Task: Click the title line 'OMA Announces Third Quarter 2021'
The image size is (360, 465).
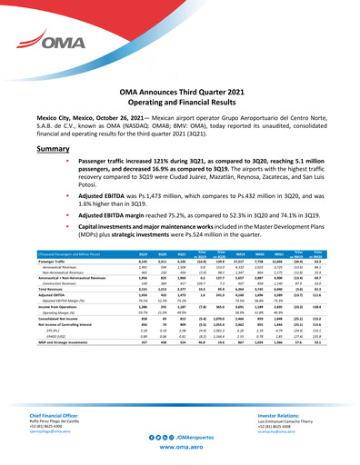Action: [180, 94]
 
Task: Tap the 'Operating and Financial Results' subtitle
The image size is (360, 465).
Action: [180, 105]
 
